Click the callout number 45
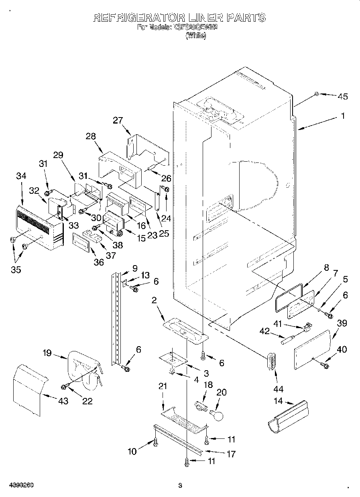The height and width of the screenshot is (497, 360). point(342,96)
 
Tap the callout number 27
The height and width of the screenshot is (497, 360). point(118,120)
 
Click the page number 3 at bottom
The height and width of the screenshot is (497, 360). point(180,486)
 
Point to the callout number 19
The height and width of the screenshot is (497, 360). point(47,353)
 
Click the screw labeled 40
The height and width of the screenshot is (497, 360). point(324,365)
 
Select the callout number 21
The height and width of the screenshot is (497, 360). point(162,386)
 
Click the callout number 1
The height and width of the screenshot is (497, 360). point(343,116)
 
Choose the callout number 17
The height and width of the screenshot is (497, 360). point(231,454)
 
